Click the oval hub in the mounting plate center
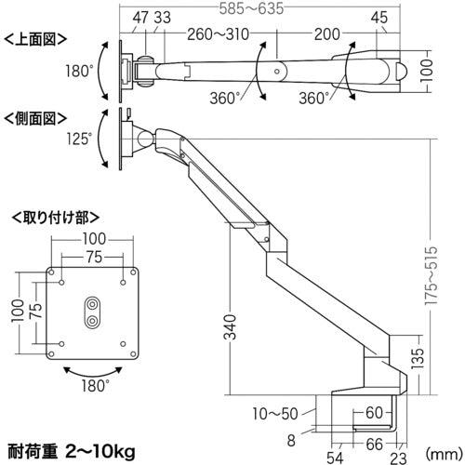point(92,311)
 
